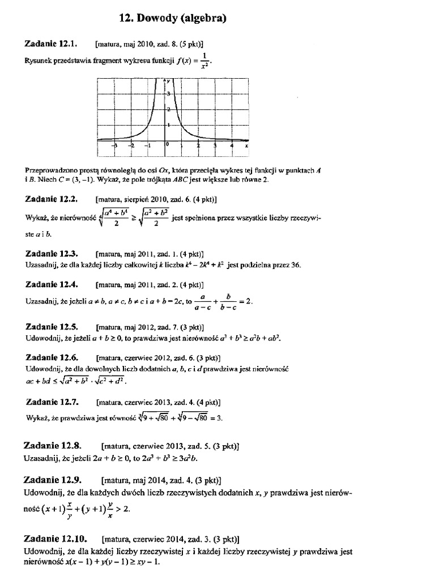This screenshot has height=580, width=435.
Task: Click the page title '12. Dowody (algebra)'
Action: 173,19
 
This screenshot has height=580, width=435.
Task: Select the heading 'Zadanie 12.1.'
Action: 51,43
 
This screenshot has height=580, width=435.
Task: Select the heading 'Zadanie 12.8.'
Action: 54,445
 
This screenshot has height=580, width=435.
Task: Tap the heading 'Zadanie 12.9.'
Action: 54,480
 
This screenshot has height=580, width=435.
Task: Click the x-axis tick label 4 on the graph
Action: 232,146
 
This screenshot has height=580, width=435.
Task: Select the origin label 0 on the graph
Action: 168,144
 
